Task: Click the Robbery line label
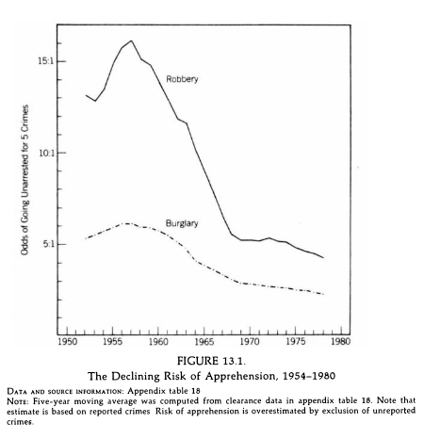(182, 79)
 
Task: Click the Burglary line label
(182, 223)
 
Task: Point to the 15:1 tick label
(46, 61)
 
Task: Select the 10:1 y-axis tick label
(46, 153)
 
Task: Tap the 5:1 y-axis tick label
(48, 244)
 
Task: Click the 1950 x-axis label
(67, 341)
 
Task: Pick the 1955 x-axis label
(112, 341)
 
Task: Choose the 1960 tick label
(158, 341)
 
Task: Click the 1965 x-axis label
(204, 341)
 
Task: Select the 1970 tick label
(250, 341)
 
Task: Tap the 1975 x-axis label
(295, 341)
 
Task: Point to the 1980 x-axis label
(341, 341)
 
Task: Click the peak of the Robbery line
(131, 41)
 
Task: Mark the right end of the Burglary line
(323, 294)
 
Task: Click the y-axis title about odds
(24, 180)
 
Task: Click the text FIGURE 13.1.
(211, 361)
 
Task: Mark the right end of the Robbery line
(323, 258)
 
